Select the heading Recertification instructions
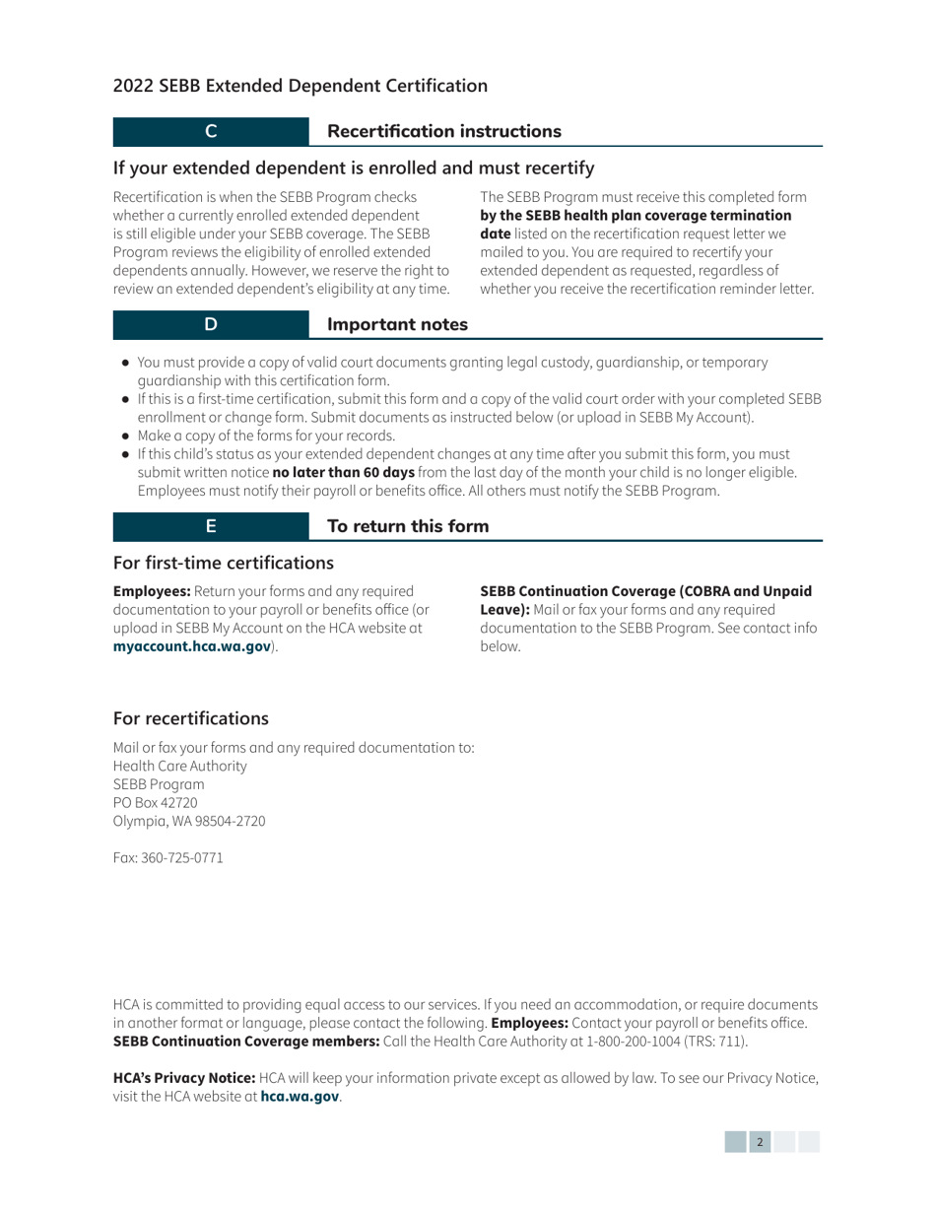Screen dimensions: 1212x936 point(443,131)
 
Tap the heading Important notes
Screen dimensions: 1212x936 point(397,324)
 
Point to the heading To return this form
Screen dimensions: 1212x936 point(407,526)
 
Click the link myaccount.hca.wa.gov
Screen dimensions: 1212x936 point(192,646)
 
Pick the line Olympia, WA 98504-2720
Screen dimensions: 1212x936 point(189,820)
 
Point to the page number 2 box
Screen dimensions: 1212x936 point(759,1142)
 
